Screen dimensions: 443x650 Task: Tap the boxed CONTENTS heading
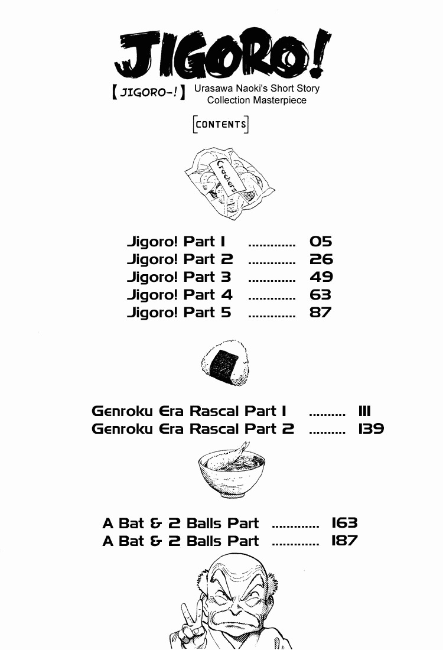[220, 124]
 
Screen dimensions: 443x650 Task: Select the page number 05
[321, 241]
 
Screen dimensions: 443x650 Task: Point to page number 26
[321, 259]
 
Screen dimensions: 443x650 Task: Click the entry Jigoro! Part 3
[179, 277]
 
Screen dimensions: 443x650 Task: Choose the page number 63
[320, 295]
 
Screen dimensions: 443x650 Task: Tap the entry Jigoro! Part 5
[179, 313]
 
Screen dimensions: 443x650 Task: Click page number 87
[320, 313]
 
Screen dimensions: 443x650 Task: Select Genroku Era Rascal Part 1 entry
[189, 411]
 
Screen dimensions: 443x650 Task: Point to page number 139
[371, 428]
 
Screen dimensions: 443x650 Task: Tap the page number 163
[344, 523]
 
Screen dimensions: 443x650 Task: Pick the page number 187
[344, 541]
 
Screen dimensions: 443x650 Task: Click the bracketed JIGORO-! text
[148, 92]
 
